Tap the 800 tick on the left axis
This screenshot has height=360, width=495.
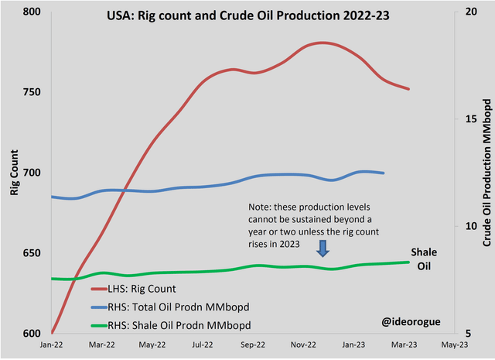[x=30, y=12]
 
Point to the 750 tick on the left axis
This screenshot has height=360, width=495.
[x=30, y=92]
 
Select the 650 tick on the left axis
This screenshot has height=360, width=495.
[x=30, y=253]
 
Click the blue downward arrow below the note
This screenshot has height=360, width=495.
[x=323, y=248]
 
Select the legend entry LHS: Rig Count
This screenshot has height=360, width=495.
[x=148, y=290]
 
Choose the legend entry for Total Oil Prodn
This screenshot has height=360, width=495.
[x=172, y=307]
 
